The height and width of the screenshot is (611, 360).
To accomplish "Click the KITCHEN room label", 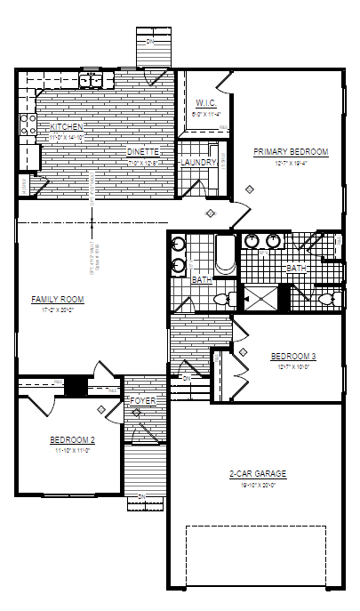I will coord(67,127).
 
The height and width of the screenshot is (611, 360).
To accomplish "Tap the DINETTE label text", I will coord(141,152).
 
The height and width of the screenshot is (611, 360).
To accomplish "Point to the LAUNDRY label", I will coord(197,163).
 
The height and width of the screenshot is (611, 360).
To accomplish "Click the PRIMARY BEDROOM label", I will coord(291,152).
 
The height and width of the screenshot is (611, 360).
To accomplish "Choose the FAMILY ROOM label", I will coord(57,300).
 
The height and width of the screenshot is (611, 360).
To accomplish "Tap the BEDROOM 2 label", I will coord(72,439).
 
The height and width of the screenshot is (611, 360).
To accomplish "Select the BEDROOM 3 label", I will coord(293,356).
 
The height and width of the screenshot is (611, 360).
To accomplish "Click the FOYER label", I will coord(142,402).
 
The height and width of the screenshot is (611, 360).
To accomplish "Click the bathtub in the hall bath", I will coord(224,257).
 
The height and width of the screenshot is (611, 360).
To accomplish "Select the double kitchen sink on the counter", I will coord(91,81).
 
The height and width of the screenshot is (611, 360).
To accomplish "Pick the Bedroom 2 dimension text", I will coord(72,451).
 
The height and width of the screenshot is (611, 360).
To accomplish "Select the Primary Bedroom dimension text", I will coord(291,163).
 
